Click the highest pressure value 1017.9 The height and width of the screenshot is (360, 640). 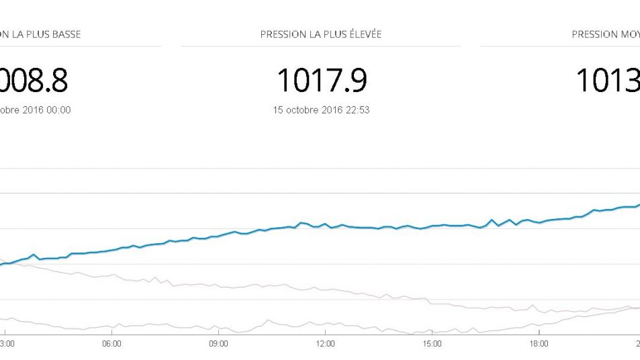[x=322, y=81]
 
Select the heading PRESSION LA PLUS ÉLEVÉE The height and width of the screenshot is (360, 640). [x=321, y=34]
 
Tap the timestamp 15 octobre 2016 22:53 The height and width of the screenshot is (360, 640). [x=322, y=110]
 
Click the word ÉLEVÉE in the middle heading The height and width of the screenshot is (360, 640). [x=363, y=34]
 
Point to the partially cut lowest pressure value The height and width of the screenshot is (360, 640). [x=34, y=81]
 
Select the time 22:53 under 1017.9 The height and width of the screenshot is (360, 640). [x=357, y=110]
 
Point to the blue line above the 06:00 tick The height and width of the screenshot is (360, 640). [x=111, y=251]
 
